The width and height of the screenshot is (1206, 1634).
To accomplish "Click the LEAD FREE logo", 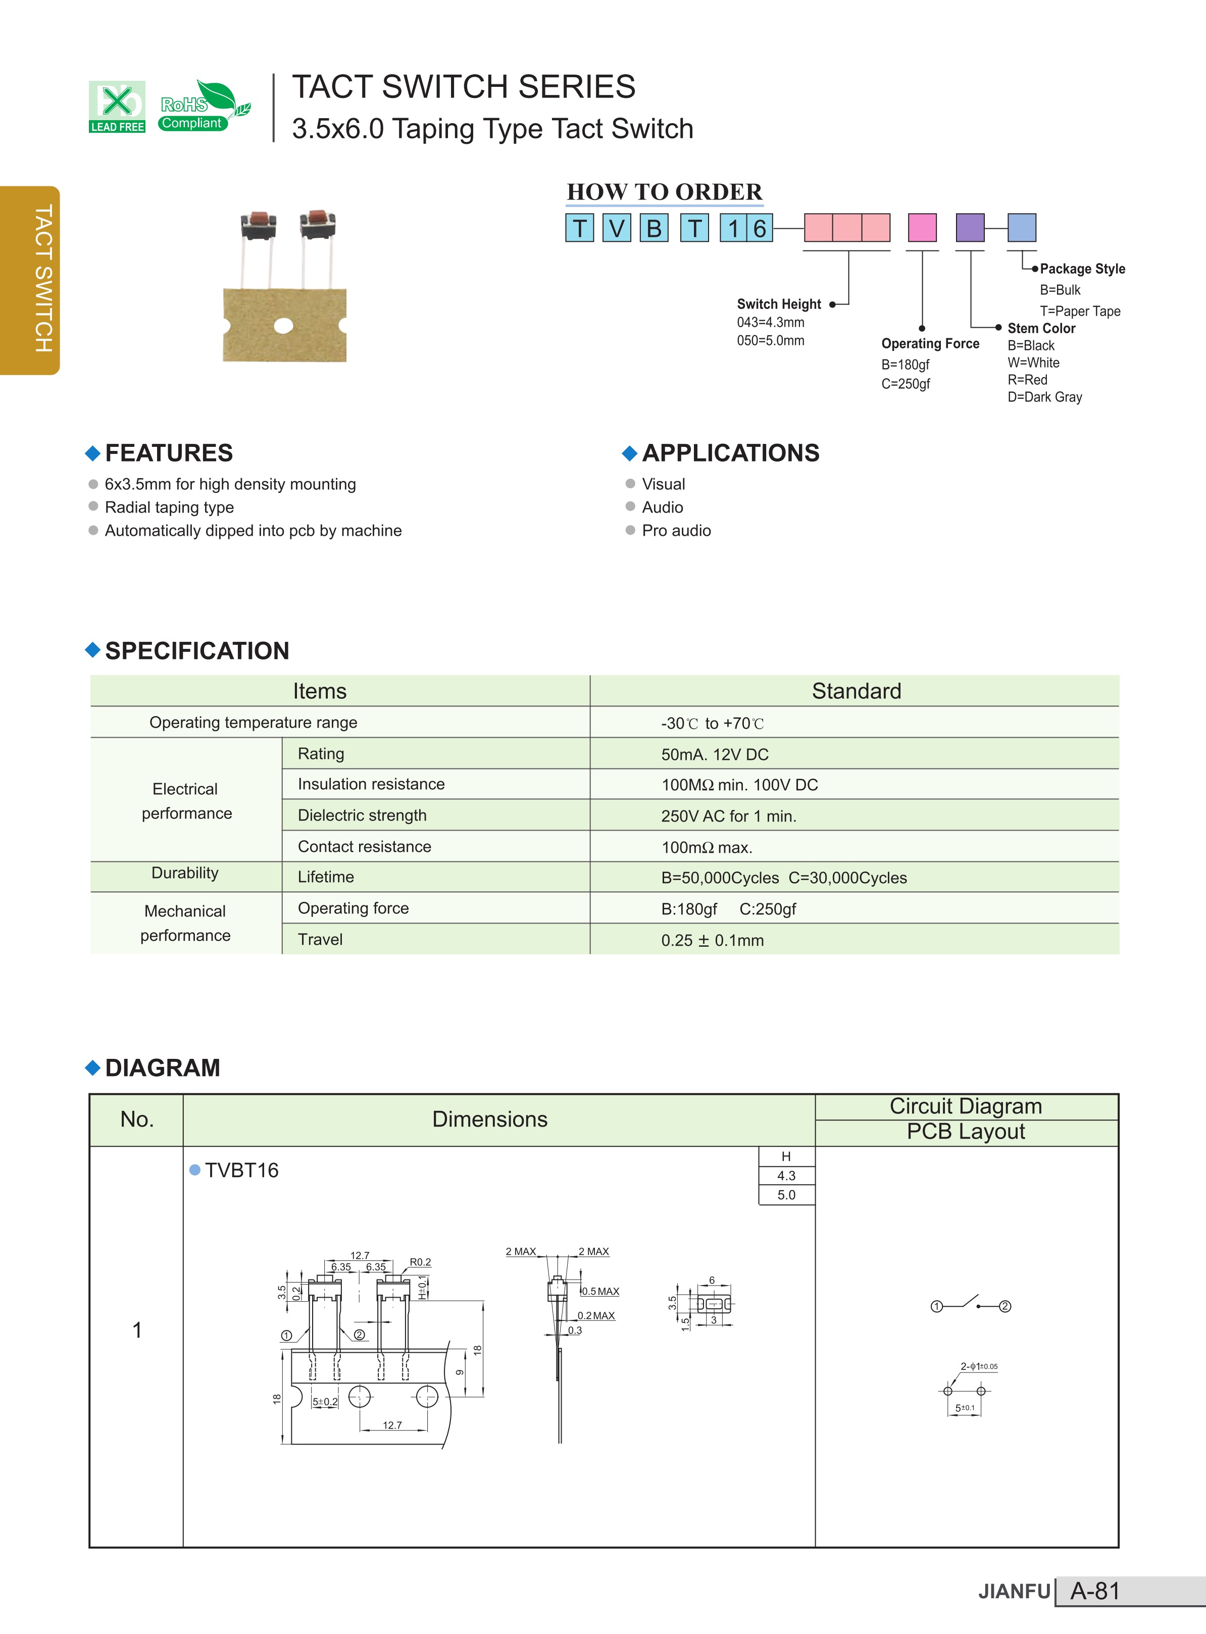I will (x=117, y=107).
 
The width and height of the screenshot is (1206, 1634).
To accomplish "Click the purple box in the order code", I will (x=970, y=228).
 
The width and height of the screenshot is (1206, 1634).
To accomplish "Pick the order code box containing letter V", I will (x=616, y=228).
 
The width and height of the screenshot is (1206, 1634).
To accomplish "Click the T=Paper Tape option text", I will (x=1080, y=311).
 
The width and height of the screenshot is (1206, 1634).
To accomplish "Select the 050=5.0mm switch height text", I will (x=770, y=341).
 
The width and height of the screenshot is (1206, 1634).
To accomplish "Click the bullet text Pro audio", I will (x=676, y=531).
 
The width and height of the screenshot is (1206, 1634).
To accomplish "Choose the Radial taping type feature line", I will (x=169, y=507).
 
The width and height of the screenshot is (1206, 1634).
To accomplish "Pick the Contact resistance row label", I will (x=364, y=847).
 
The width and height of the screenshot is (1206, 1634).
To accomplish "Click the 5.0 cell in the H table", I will (x=786, y=1195).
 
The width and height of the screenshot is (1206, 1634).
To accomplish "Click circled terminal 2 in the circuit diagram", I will (x=1004, y=1306).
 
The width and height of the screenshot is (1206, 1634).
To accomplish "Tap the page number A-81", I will (x=1094, y=1591).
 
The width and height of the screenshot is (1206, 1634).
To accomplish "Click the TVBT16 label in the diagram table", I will (x=241, y=1170).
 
